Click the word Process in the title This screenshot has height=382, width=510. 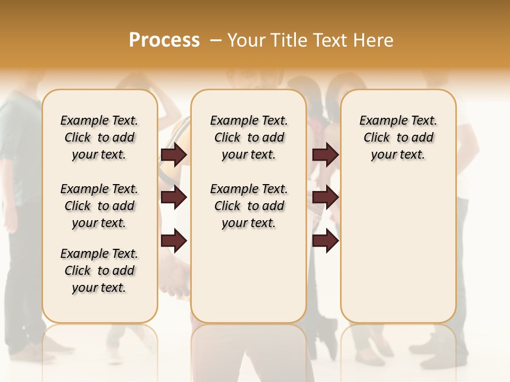[164, 40]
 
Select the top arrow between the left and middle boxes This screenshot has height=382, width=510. [174, 154]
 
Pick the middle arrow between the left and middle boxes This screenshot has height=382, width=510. [174, 197]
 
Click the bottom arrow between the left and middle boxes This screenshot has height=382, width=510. [174, 241]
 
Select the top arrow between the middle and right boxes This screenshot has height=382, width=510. [325, 154]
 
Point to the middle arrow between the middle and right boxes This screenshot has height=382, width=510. [325, 197]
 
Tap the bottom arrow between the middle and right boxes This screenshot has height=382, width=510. [325, 241]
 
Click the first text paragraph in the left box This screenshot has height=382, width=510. [99, 137]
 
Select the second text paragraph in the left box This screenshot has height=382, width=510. [99, 206]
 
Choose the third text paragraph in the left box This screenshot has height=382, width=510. [99, 271]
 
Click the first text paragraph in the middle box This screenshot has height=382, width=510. [249, 137]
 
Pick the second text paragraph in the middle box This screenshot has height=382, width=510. [249, 206]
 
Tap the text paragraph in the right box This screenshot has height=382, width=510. [398, 137]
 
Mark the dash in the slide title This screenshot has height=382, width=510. [216, 40]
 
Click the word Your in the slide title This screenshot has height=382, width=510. [246, 40]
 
